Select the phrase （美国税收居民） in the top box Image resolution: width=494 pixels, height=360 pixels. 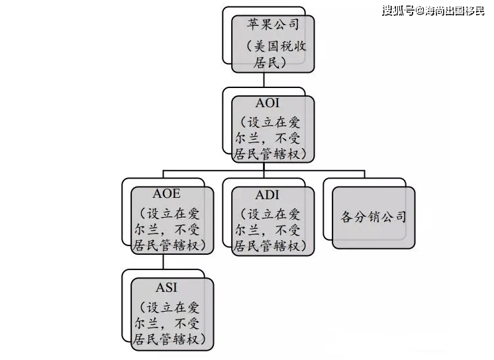[x=273, y=55]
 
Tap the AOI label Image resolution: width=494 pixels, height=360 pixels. [x=272, y=105]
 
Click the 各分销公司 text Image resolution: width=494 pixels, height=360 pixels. [x=373, y=217]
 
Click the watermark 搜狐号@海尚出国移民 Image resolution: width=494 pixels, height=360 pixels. [x=433, y=11]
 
